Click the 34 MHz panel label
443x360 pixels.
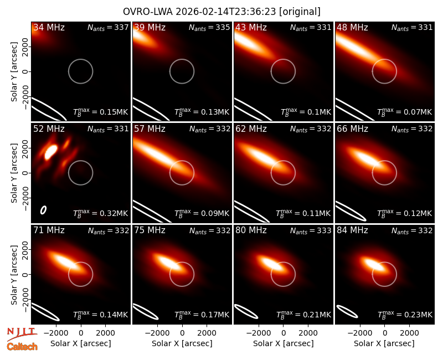pos(49,27)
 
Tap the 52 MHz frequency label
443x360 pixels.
pos(49,129)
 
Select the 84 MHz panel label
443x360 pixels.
pos(352,230)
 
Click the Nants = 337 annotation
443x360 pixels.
pos(108,27)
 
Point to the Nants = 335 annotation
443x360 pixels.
pos(209,27)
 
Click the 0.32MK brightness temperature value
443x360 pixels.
pos(114,213)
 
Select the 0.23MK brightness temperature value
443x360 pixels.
pos(418,315)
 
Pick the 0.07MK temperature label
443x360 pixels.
pos(418,112)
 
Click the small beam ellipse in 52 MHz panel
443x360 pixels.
pos(43,210)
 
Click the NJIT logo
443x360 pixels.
pos(22,333)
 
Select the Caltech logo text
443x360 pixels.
pos(22,347)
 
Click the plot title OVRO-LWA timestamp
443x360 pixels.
pos(221,12)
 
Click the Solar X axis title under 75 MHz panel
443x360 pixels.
pos(182,343)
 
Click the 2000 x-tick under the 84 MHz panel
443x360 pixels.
pos(409,333)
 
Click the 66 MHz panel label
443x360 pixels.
pos(352,129)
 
